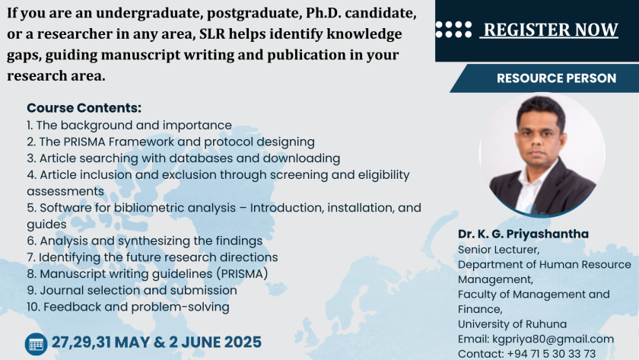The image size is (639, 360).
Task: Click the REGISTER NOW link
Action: click(551, 30)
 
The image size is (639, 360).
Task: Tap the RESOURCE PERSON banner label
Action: click(556, 78)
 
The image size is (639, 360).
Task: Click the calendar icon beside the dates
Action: click(36, 344)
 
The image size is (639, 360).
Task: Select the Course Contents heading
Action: click(84, 108)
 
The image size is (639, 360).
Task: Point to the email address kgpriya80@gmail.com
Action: click(553, 339)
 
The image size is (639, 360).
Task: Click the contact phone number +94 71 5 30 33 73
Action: click(551, 353)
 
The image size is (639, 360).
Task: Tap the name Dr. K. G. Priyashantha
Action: click(523, 234)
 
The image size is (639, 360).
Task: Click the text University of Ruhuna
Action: click(512, 324)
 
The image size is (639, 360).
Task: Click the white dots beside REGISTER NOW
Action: click(453, 30)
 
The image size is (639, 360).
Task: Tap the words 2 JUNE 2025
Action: click(215, 342)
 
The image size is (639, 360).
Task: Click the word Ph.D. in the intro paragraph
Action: click(323, 13)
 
